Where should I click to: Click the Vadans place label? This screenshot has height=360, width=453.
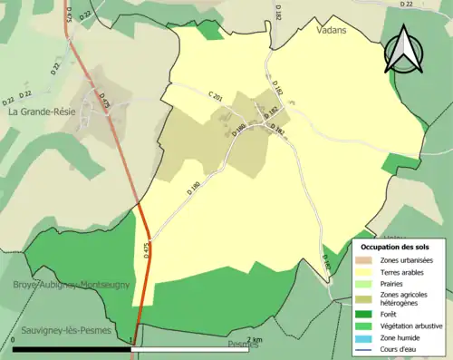(333, 30)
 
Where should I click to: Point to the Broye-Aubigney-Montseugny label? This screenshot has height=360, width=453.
(72, 285)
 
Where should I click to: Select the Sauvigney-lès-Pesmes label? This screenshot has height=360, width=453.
(63, 331)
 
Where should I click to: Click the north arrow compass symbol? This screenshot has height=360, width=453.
(403, 51)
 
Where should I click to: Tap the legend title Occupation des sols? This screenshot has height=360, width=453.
(396, 246)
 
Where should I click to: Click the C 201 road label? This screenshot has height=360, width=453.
(214, 96)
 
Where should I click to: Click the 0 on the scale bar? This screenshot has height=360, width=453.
(14, 341)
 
